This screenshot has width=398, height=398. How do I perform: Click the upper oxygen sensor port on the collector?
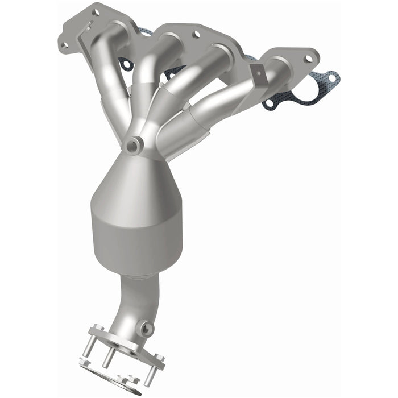point(135,145)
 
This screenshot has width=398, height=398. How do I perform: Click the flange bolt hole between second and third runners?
point(196,35)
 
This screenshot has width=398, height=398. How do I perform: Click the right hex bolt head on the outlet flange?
point(159,358)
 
